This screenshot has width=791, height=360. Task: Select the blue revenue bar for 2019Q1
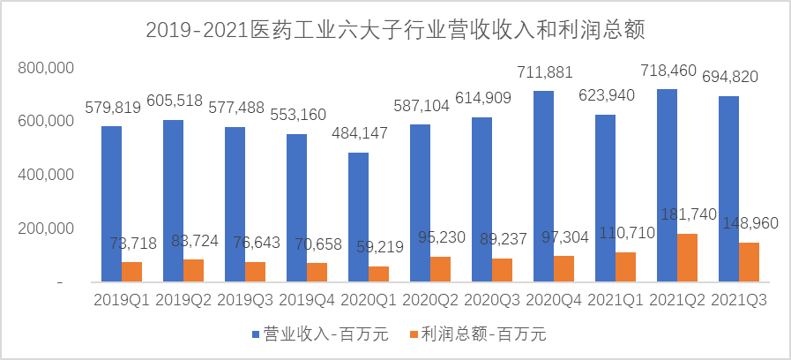[112, 203]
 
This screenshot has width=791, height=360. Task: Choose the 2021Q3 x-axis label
[738, 300]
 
